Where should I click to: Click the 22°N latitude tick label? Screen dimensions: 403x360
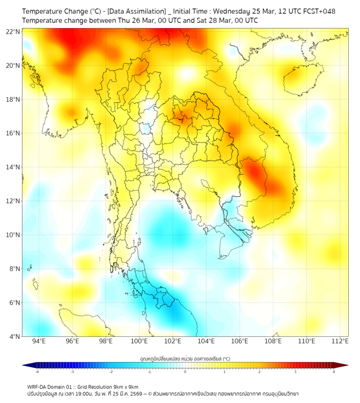13,31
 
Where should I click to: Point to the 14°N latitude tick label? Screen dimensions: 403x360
13,167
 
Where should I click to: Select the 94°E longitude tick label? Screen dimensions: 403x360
39,342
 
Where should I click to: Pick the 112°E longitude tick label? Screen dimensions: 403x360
340,342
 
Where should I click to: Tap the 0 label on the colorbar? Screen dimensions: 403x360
185,371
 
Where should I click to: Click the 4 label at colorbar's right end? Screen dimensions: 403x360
334,371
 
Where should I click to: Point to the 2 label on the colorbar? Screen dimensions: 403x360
260,371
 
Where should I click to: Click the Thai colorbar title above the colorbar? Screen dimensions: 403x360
185,359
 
